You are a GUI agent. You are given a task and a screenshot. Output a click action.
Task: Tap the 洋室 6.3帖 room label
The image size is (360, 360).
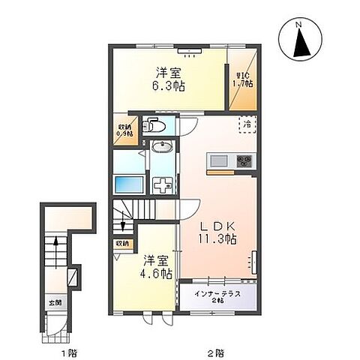[x=169, y=78]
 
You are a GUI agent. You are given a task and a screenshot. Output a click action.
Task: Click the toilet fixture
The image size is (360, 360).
[x=154, y=124]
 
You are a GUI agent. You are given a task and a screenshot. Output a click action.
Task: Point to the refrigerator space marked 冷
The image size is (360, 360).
[x=246, y=124]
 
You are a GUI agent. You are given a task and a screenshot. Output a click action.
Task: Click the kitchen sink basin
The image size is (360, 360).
[x=220, y=160]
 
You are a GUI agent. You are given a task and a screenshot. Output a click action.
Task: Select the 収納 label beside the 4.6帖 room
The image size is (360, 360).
[x=121, y=244]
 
